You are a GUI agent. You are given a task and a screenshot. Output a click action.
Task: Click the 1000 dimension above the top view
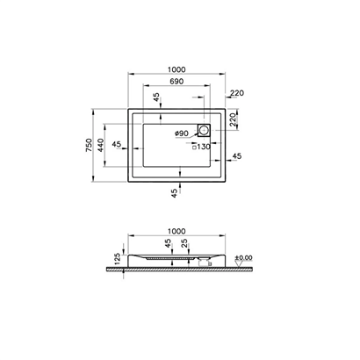click(176, 69)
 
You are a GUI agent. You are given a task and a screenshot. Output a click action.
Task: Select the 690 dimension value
click(176, 81)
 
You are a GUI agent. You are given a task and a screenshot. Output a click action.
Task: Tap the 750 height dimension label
click(89, 145)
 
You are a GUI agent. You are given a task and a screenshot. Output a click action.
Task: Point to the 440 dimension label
click(100, 145)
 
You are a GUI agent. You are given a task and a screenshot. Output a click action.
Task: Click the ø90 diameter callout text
click(182, 133)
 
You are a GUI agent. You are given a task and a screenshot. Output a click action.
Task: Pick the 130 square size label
click(204, 147)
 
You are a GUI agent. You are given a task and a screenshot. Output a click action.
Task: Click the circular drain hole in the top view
click(204, 130)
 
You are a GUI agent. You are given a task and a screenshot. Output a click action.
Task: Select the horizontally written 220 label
click(237, 93)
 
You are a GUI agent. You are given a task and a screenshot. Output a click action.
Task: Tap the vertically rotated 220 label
click(233, 119)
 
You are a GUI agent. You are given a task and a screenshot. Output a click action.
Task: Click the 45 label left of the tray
click(117, 144)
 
